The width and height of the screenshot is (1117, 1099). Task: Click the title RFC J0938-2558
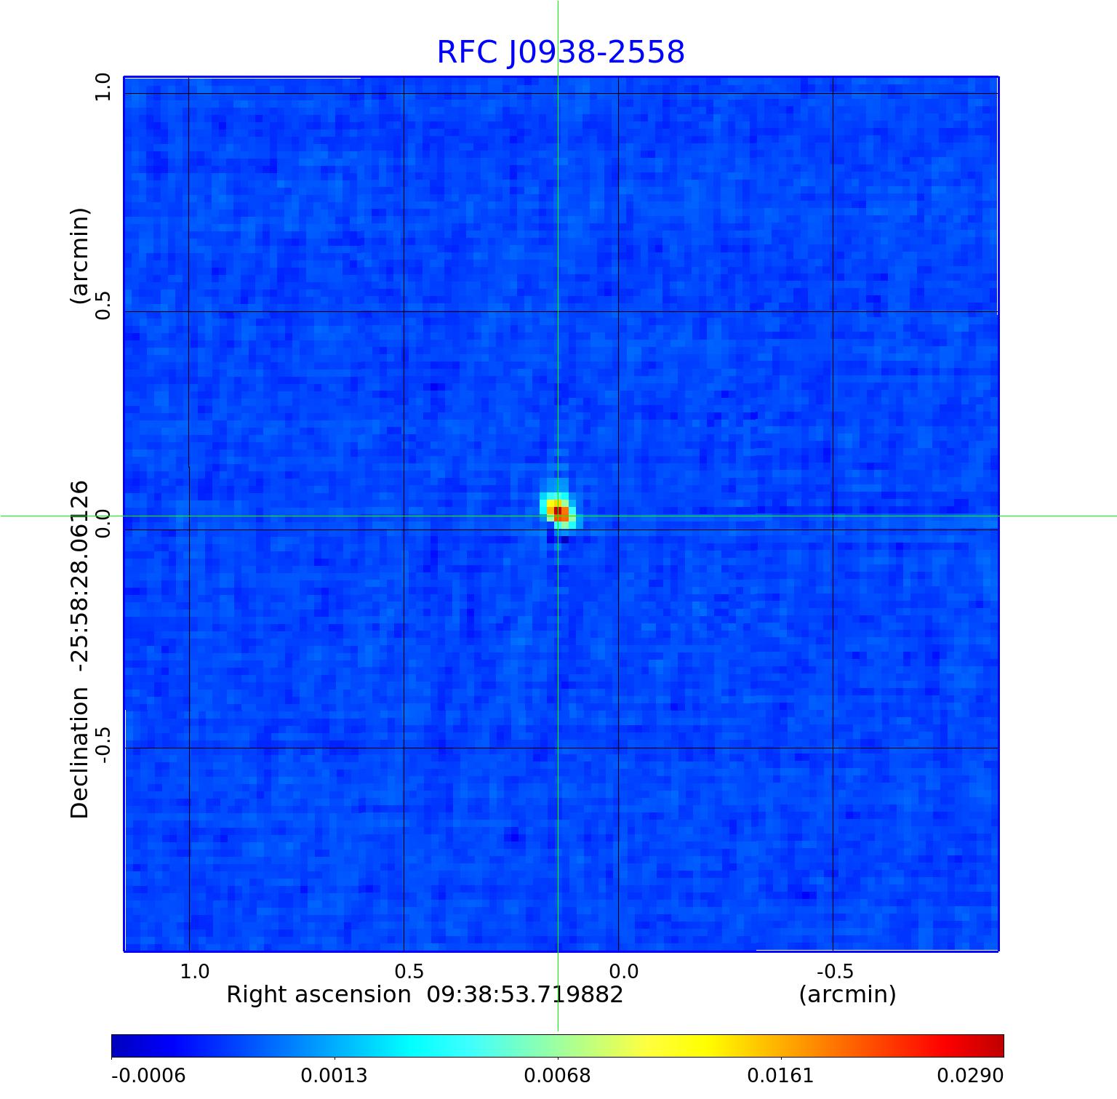[561, 52]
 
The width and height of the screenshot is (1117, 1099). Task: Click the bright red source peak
[560, 513]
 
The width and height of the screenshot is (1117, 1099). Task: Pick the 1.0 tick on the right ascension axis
[194, 972]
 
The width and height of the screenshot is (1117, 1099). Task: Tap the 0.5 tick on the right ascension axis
[409, 972]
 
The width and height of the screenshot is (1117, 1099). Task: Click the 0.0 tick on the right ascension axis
[623, 972]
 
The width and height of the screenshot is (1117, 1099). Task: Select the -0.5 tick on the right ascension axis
[835, 972]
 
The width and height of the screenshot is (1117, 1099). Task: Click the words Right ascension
[319, 994]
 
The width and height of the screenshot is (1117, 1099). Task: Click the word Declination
[80, 754]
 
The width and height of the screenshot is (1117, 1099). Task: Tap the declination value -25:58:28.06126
[80, 575]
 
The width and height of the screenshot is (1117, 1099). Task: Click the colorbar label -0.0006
[148, 1075]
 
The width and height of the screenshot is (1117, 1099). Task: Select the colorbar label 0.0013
[335, 1075]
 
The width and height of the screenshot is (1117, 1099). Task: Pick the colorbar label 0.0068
[558, 1075]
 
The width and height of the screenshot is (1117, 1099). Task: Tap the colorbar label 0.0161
[781, 1075]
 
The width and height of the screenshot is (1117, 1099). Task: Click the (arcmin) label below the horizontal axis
[847, 994]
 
